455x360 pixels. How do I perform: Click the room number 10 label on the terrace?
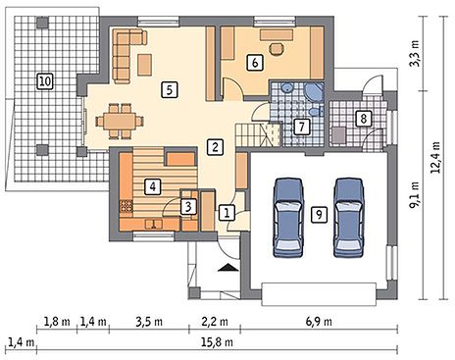point(45,81)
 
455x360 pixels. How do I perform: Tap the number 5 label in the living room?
point(170,89)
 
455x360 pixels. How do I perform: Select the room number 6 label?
point(255,62)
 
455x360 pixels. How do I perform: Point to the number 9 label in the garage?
point(319,215)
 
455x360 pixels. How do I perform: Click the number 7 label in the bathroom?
point(301,127)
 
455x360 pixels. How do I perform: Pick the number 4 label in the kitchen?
point(152,186)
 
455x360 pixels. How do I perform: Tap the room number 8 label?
point(364,119)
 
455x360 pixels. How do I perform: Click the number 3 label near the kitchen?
point(188,207)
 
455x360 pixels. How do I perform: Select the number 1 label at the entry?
point(227,213)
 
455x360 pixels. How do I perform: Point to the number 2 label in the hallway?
point(215,147)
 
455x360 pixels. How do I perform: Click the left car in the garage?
point(288,218)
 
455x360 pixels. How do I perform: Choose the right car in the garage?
point(348,218)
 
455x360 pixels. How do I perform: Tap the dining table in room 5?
point(120,121)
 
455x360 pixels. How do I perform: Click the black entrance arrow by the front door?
point(228,267)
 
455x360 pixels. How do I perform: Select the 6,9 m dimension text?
point(319,322)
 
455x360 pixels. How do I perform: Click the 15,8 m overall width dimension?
point(217,342)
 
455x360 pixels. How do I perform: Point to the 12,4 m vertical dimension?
point(435,157)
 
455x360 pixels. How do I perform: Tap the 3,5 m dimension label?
point(149,322)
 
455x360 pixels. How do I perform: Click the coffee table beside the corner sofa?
point(144,65)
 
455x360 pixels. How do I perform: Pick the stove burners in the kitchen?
point(126,206)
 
